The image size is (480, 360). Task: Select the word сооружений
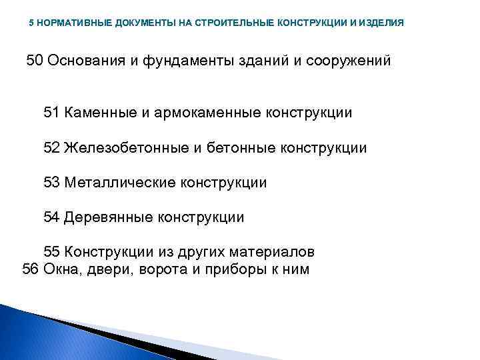(x=347, y=61)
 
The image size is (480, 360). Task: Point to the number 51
(x=52, y=113)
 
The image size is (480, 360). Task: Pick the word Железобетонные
(x=127, y=147)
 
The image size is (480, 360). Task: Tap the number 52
(x=52, y=147)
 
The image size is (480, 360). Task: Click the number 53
(x=52, y=182)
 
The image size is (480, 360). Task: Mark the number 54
(x=52, y=217)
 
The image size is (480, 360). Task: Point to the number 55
(x=52, y=252)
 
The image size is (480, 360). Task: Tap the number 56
(x=31, y=269)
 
